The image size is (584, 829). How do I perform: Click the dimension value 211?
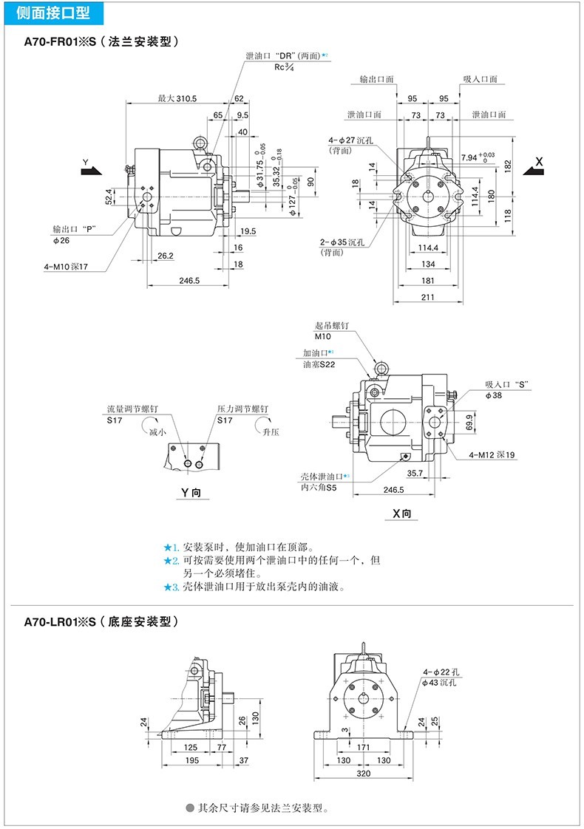pyautogui.click(x=428, y=297)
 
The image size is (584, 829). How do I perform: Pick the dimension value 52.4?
pyautogui.click(x=109, y=197)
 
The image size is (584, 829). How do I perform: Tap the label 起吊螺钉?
pyautogui.click(x=331, y=325)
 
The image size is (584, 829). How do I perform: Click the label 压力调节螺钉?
pyautogui.click(x=242, y=409)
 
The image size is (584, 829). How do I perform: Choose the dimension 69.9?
pyautogui.click(x=469, y=422)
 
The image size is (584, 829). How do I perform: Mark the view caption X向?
pyautogui.click(x=402, y=514)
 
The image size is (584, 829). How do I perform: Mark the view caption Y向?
pyautogui.click(x=190, y=493)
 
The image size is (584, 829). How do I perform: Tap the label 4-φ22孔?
pyautogui.click(x=443, y=672)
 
